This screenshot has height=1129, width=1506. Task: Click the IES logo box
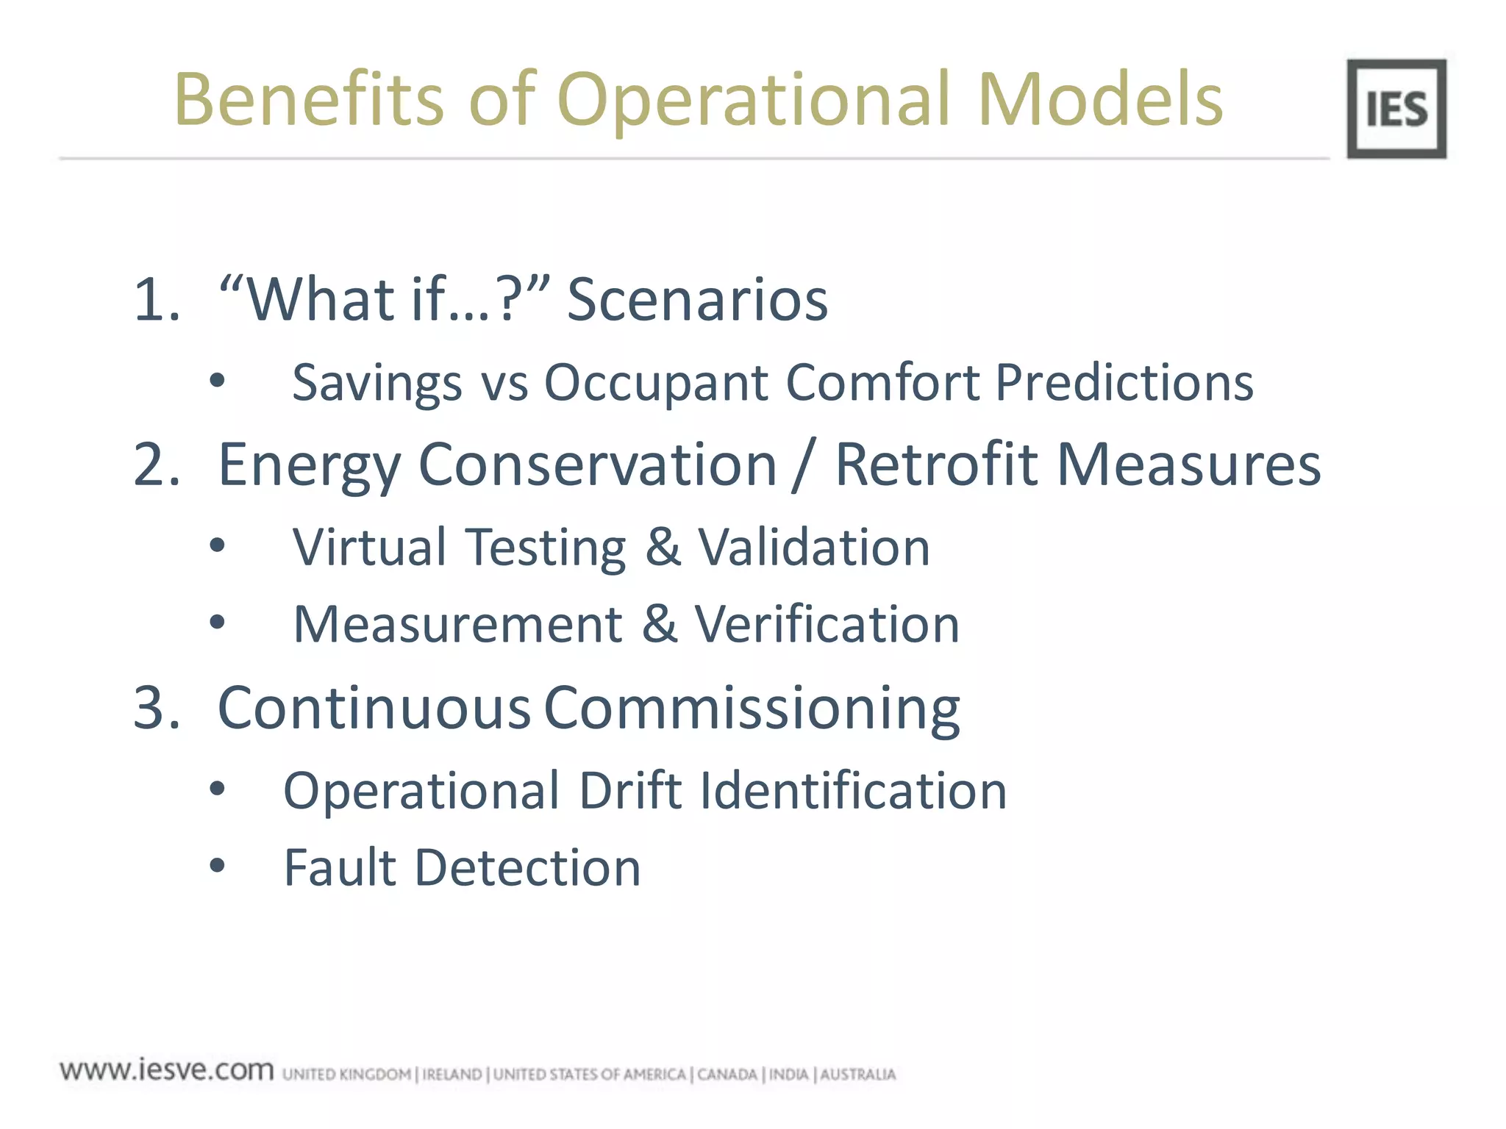[1396, 109]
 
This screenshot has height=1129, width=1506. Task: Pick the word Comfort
[882, 383]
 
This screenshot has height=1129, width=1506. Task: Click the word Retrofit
[935, 465]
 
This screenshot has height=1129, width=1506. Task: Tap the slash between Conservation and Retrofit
[806, 466]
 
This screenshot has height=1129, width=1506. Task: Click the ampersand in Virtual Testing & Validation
[663, 547]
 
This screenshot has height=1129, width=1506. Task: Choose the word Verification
[827, 625]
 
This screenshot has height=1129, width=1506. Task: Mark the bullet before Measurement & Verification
[217, 623]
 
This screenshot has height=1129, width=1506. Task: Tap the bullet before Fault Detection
[217, 865]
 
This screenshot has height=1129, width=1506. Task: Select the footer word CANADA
[727, 1075]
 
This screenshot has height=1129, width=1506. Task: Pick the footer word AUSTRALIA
[858, 1075]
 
